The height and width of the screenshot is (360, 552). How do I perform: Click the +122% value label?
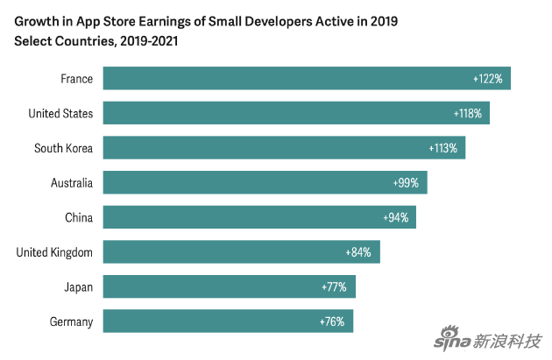(x=487, y=79)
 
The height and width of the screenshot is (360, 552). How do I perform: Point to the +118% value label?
(x=468, y=113)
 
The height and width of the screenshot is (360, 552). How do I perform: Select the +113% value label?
(x=443, y=148)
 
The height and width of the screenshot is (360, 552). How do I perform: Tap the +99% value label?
(x=407, y=183)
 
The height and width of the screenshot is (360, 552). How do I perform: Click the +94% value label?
(x=396, y=217)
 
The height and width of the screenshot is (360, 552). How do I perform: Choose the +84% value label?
(x=358, y=252)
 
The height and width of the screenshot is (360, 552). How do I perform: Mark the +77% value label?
(x=334, y=286)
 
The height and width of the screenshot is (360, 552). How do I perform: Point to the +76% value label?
(x=332, y=321)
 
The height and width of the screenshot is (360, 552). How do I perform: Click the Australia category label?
(x=72, y=183)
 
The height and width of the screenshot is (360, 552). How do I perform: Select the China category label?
(x=79, y=217)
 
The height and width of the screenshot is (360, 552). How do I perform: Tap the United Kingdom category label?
(x=54, y=252)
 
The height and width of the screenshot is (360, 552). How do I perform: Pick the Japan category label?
(x=77, y=286)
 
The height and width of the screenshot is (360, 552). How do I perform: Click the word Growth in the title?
(x=36, y=18)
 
